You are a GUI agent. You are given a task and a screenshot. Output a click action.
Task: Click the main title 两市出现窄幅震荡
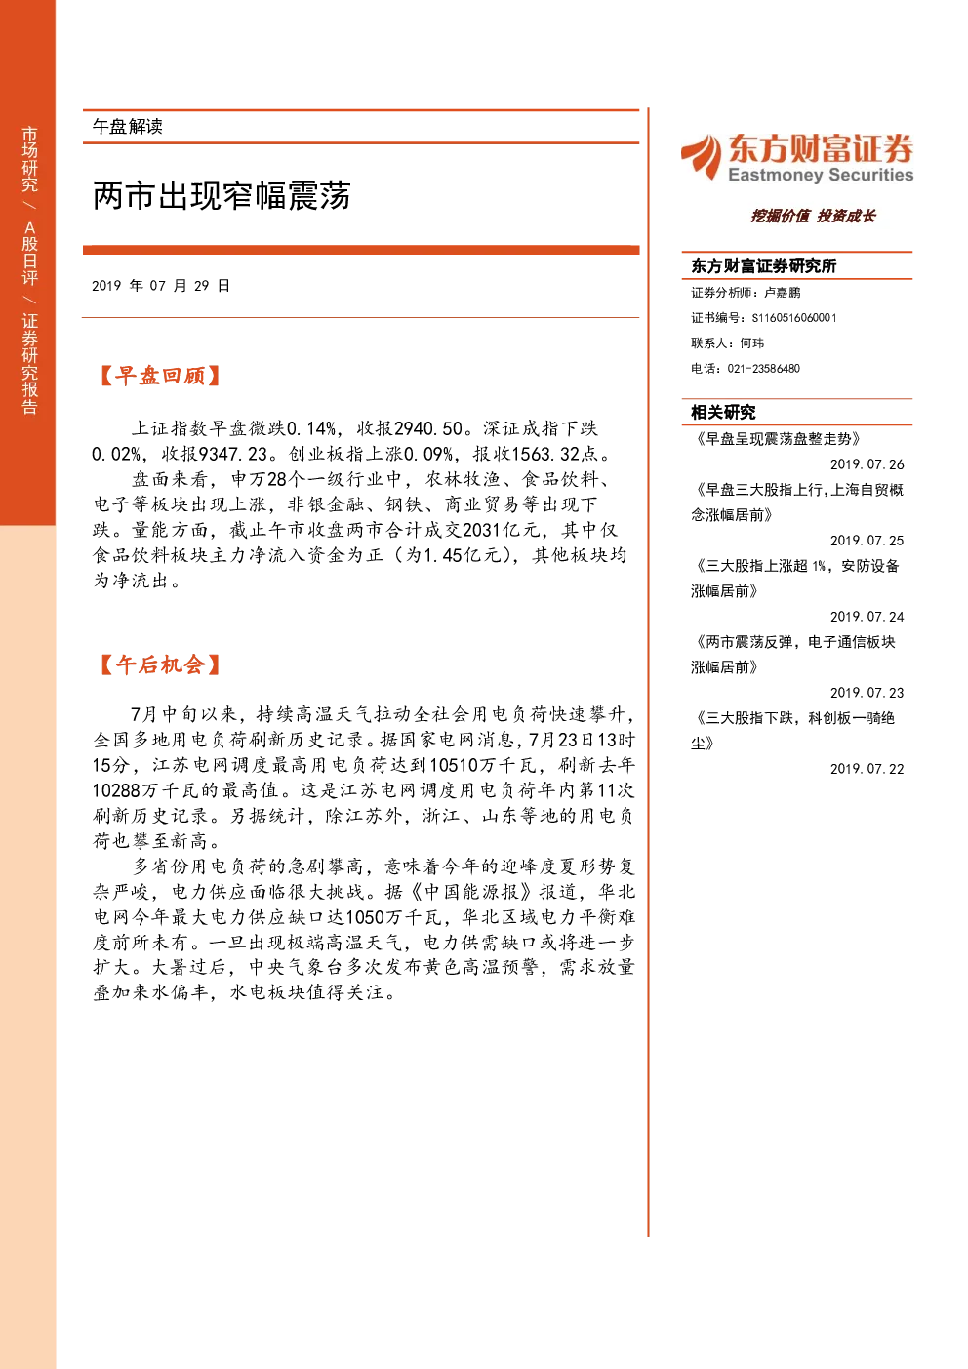click(222, 196)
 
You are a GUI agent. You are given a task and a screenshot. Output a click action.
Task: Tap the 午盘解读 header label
click(127, 127)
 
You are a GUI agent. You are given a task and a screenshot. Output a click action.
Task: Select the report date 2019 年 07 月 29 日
click(161, 286)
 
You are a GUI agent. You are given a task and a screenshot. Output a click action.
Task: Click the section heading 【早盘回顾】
click(159, 376)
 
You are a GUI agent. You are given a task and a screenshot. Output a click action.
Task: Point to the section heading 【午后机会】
click(159, 664)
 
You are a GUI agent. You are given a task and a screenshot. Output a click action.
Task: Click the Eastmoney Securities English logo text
click(821, 176)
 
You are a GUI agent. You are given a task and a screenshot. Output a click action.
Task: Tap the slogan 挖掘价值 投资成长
click(814, 216)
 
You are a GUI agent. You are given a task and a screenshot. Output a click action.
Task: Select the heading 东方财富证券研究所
click(763, 265)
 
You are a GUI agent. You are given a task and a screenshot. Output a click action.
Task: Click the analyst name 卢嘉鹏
click(783, 293)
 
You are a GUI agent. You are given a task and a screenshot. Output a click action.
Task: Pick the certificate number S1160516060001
click(794, 318)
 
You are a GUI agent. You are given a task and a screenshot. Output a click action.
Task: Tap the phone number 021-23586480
click(763, 369)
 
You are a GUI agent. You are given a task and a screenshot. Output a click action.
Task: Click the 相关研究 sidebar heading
click(723, 413)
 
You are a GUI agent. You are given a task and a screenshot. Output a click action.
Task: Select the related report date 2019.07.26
click(867, 464)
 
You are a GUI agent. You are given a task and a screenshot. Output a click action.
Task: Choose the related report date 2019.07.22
click(867, 769)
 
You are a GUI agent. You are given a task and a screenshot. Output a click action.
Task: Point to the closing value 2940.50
click(427, 428)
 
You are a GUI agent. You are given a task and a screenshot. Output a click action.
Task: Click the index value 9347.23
click(233, 454)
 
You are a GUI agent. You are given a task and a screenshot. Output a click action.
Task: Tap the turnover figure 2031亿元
click(502, 530)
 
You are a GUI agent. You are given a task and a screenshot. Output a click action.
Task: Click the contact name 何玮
click(751, 343)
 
